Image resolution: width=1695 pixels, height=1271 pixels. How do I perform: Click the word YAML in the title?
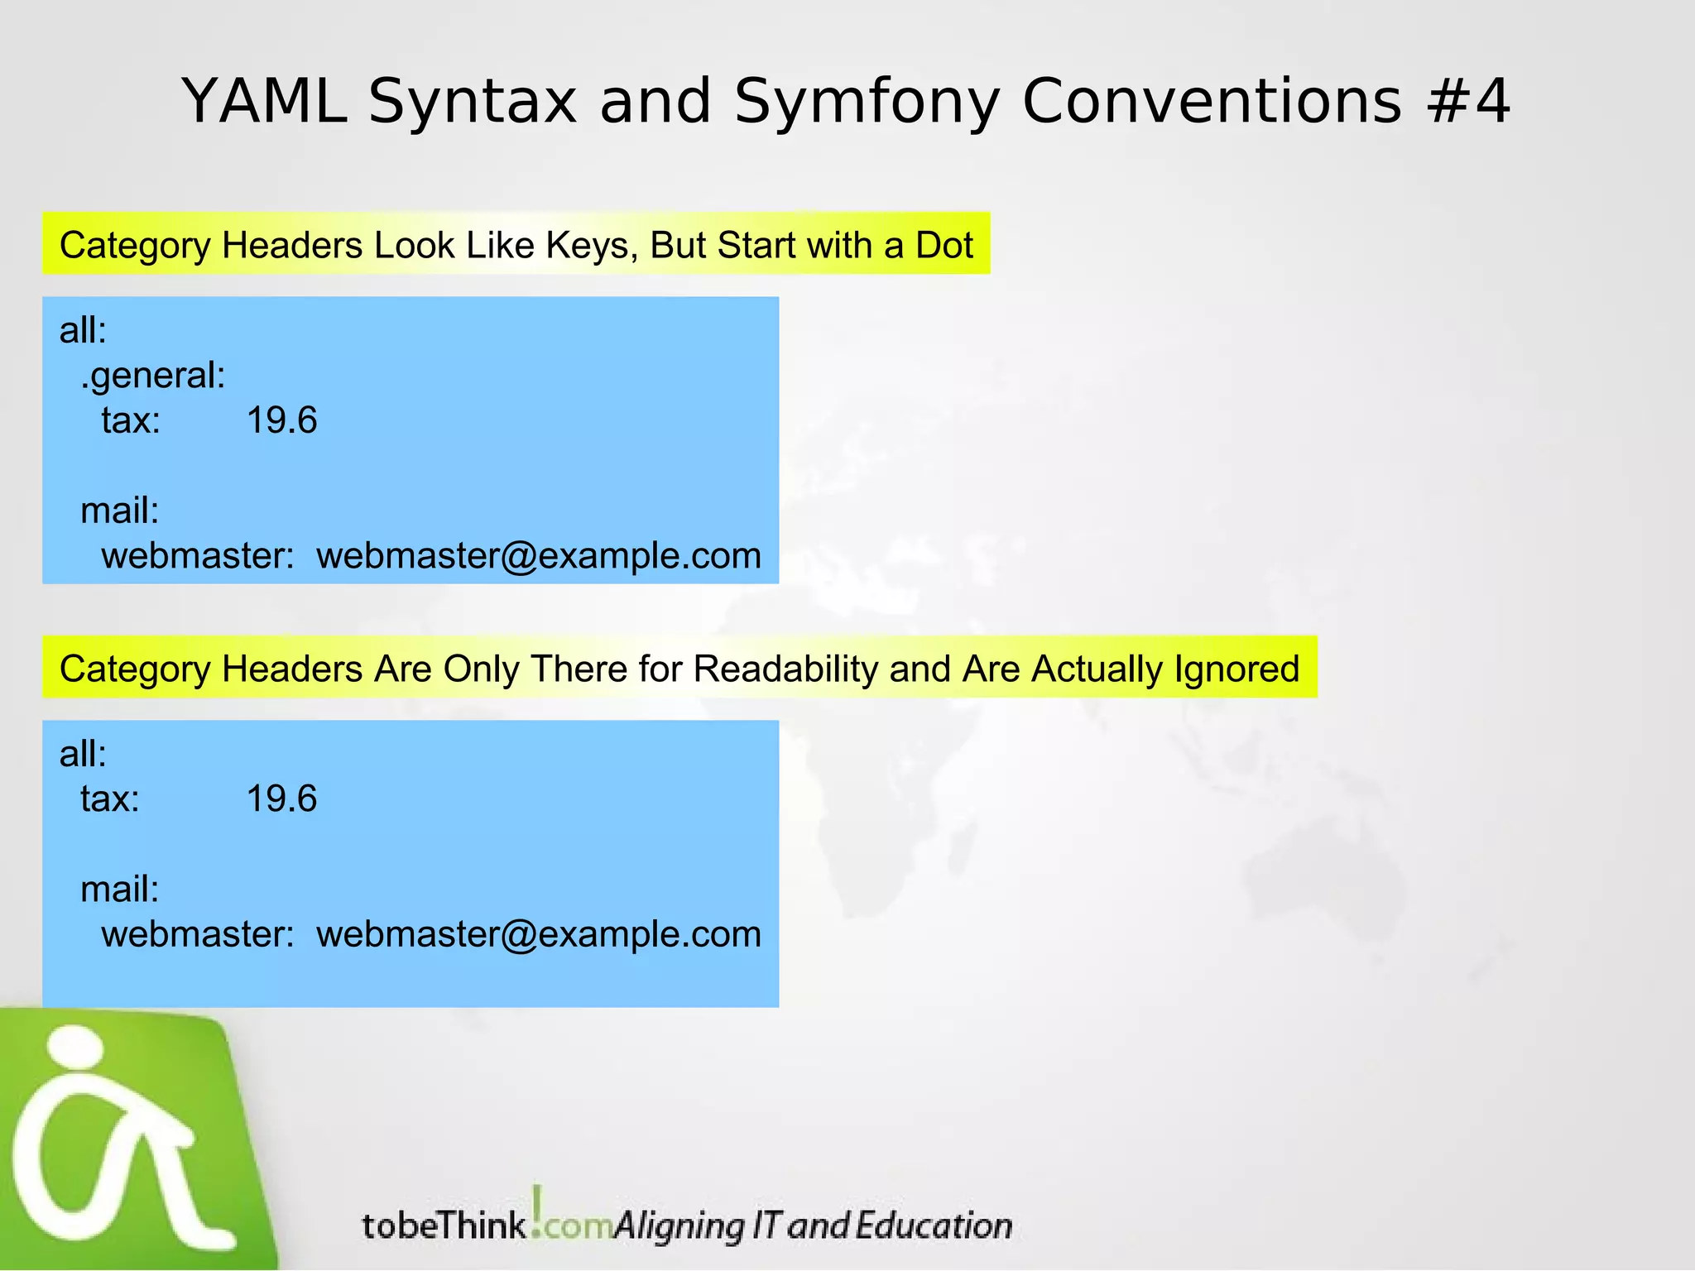click(265, 102)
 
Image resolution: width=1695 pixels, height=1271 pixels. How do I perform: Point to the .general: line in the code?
click(153, 377)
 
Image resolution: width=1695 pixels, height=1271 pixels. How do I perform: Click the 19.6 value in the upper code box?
click(281, 421)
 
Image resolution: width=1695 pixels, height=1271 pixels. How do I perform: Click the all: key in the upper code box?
click(83, 331)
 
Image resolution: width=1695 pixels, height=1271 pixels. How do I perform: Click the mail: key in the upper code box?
click(119, 511)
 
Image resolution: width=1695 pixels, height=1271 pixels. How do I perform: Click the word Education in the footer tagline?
click(934, 1225)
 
